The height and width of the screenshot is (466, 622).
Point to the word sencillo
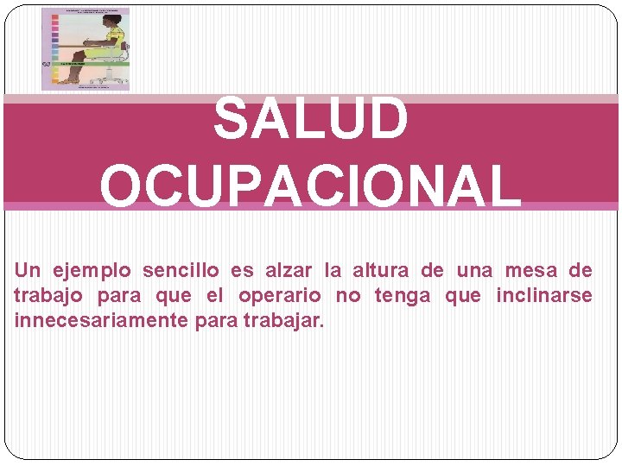pyautogui.click(x=183, y=271)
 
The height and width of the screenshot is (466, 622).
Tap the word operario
pyautogui.click(x=279, y=296)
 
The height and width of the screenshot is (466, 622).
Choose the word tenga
pyautogui.click(x=403, y=296)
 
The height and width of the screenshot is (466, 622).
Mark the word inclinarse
pyautogui.click(x=543, y=296)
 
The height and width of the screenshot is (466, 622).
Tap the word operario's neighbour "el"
pyautogui.click(x=214, y=296)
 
